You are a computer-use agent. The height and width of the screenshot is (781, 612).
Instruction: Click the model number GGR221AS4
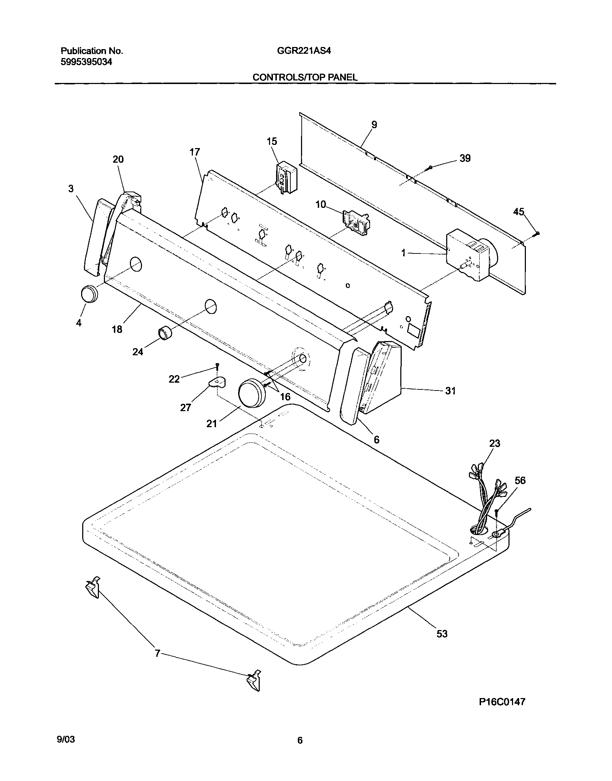pyautogui.click(x=304, y=51)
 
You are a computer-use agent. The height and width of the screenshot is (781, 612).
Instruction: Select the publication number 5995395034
pyautogui.click(x=86, y=62)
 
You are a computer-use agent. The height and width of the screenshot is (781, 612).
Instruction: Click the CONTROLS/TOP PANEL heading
pyautogui.click(x=305, y=77)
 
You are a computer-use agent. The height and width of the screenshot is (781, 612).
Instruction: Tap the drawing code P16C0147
pyautogui.click(x=502, y=702)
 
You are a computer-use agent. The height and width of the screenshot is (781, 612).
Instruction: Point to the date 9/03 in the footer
pyautogui.click(x=66, y=740)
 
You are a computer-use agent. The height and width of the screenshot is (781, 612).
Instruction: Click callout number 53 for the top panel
pyautogui.click(x=442, y=634)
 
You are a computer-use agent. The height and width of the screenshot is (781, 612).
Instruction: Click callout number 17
pyautogui.click(x=195, y=152)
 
